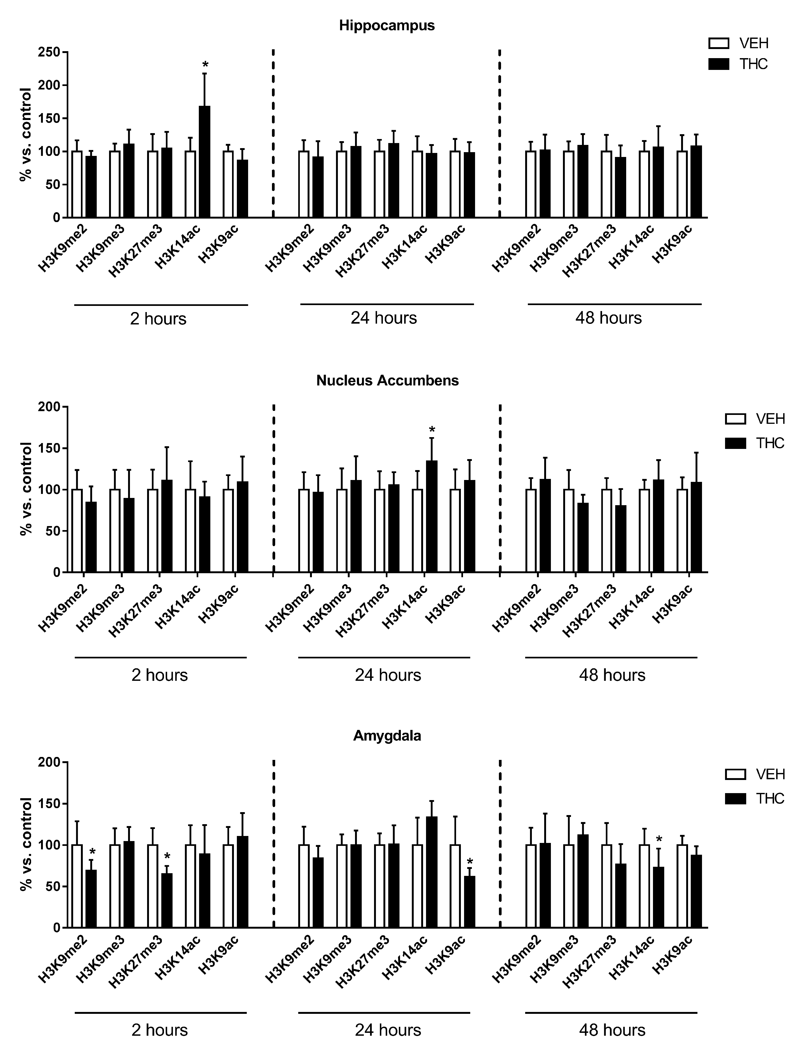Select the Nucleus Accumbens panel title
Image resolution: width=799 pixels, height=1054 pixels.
(387, 380)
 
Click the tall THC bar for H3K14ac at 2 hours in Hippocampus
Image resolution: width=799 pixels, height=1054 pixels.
(204, 162)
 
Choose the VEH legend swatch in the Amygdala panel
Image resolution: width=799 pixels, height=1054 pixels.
(735, 774)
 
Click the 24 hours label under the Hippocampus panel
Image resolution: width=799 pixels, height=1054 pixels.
(384, 318)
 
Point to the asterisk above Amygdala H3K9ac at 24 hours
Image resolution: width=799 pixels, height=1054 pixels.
(470, 861)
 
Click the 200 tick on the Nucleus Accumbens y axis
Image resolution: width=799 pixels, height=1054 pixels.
(53, 407)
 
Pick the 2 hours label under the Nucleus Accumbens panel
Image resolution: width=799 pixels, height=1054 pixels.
(160, 675)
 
